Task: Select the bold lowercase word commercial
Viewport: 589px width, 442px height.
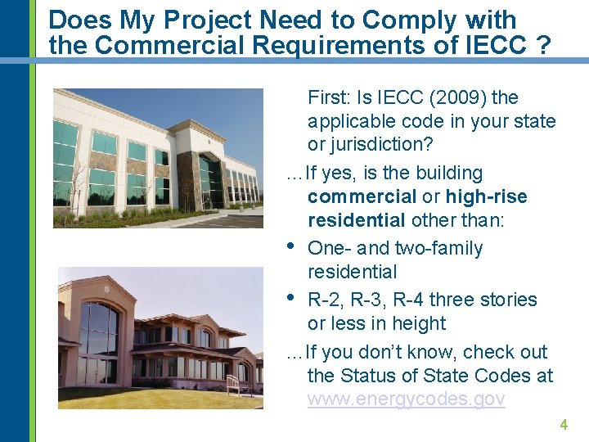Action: click(362, 197)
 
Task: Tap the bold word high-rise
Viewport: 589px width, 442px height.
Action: click(486, 197)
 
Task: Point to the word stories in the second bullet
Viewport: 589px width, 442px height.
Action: click(507, 300)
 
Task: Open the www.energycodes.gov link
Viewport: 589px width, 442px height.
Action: click(406, 399)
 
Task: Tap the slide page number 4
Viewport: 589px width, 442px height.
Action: click(563, 425)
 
